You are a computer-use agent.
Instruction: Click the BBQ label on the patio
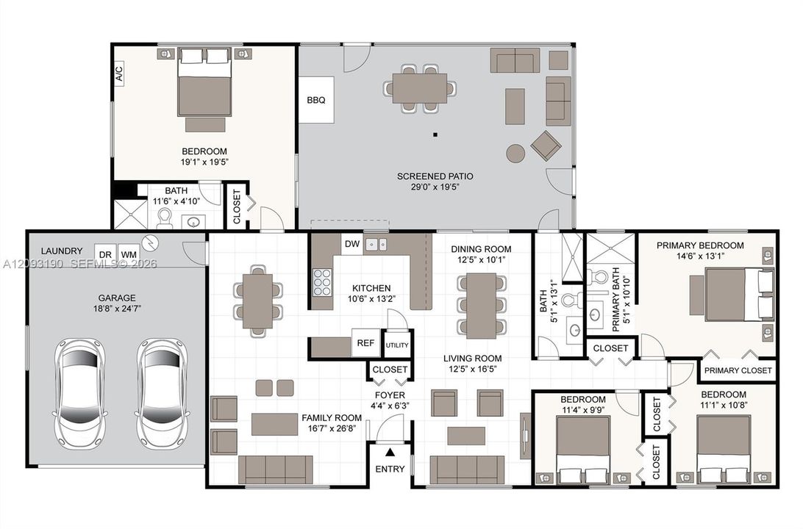[316, 100]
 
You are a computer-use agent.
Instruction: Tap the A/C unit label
[119, 73]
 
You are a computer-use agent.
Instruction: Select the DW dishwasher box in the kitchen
[352, 244]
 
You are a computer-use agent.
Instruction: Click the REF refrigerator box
[365, 343]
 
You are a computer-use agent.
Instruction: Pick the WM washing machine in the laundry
[129, 254]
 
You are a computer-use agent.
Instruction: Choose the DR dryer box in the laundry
[105, 254]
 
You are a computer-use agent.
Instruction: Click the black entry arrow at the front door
[390, 452]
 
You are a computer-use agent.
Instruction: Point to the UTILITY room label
[397, 345]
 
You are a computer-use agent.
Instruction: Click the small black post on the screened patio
[435, 135]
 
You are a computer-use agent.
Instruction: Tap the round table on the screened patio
[515, 153]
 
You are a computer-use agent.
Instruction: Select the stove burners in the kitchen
[322, 282]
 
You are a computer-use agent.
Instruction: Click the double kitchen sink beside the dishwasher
[376, 245]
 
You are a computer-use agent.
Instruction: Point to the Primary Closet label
[738, 370]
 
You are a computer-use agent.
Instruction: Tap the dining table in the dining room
[482, 306]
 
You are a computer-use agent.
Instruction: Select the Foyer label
[390, 395]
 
